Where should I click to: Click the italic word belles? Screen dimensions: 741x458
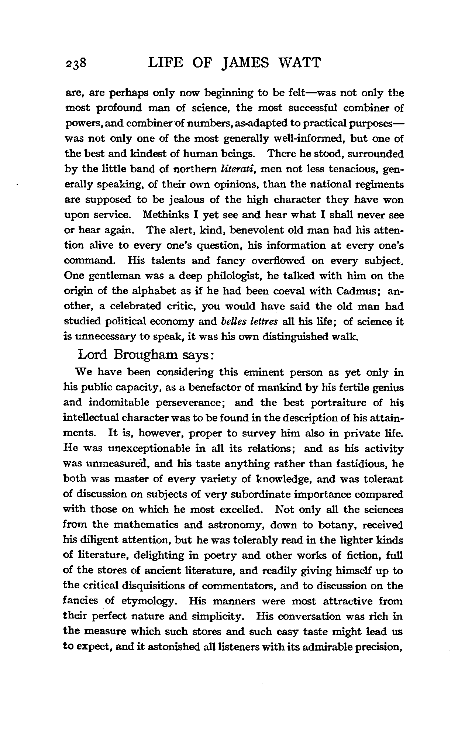[231, 321]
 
